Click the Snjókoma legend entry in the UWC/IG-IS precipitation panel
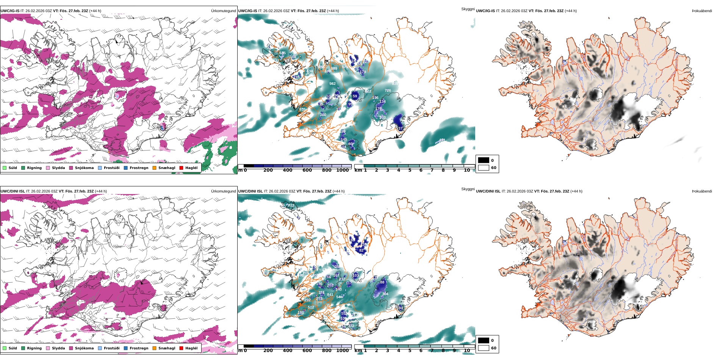pos(84,168)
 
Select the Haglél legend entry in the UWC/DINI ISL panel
pos(191,348)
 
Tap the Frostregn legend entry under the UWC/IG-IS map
pos(139,168)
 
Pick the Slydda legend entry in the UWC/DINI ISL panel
pos(58,348)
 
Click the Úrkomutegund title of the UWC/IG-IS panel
pos(223,11)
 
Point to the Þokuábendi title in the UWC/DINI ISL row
pos(702,191)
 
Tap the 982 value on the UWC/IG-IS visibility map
pos(332,84)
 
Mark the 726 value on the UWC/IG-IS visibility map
pos(388,91)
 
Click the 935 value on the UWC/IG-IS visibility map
pos(302,110)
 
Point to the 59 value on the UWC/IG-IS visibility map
pos(355,96)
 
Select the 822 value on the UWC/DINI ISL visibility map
pos(291,205)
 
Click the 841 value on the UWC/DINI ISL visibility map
pos(330,295)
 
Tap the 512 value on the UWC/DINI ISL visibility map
pos(311,307)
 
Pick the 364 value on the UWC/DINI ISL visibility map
pos(385,294)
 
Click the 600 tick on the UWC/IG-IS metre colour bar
pos(307,170)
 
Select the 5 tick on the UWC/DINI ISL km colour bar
pos(410,351)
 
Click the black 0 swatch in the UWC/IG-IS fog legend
pos(484,160)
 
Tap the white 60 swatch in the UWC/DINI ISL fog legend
pos(484,348)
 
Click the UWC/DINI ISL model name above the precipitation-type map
pos(13,191)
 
